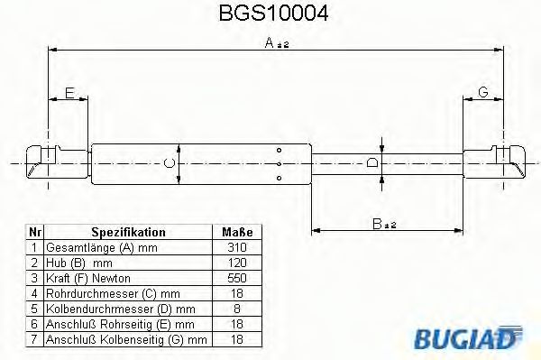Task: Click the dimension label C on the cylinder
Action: [x=167, y=162]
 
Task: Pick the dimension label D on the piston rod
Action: [x=371, y=162]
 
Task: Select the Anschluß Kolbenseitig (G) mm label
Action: [x=125, y=340]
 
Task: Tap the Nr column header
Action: [x=33, y=232]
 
